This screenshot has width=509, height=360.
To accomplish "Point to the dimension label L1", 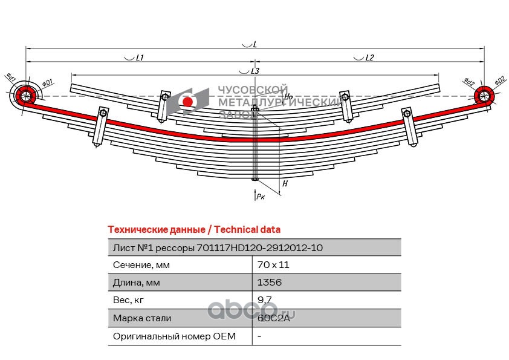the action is (139, 57).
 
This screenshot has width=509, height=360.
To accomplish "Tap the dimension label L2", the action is (369, 57).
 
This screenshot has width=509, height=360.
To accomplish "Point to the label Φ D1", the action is (48, 82).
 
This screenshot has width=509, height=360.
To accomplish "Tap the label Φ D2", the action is (499, 80).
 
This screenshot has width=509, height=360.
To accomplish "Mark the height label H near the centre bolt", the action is (285, 183).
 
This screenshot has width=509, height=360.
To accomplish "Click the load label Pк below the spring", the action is (259, 196).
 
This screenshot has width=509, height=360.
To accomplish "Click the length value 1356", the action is (269, 283).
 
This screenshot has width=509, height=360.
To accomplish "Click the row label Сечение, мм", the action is (141, 265).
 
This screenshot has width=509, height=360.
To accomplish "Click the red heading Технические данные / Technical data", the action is (193, 229).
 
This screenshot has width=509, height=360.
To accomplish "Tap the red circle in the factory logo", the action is (187, 102).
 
